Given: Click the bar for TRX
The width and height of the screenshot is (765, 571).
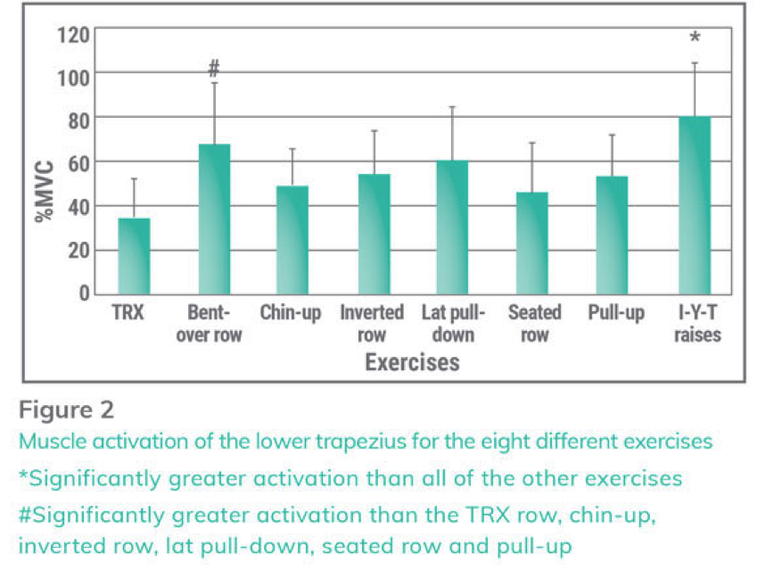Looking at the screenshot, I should (x=134, y=256).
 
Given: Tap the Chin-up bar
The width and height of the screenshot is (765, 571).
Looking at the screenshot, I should (x=292, y=240).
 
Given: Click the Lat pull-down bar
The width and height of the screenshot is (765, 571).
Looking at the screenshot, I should (x=451, y=228).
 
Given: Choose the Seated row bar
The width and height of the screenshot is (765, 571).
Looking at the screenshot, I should (x=532, y=243).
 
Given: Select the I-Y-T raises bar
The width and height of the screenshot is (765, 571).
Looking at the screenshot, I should (x=695, y=205).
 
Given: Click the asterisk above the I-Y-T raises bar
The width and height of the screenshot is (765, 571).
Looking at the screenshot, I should (x=695, y=38).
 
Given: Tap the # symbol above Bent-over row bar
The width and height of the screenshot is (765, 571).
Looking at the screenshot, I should (x=214, y=68).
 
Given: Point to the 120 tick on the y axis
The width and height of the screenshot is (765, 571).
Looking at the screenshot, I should (x=73, y=35).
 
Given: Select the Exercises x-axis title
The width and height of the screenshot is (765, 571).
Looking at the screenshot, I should (x=412, y=362).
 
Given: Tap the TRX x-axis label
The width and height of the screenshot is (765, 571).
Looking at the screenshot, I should (x=128, y=313).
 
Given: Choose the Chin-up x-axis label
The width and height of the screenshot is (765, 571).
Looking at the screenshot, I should (x=291, y=313).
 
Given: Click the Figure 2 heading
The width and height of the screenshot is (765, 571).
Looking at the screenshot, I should (x=67, y=410).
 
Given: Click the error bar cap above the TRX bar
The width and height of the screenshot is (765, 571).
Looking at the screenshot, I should (x=134, y=179).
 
